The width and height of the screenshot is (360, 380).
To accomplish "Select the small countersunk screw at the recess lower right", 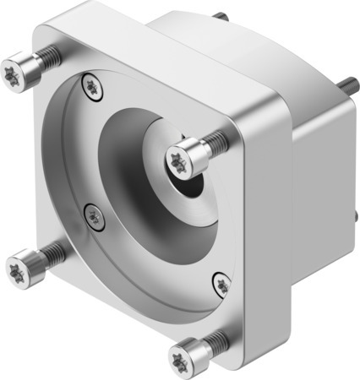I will pyautogui.click(x=221, y=285).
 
